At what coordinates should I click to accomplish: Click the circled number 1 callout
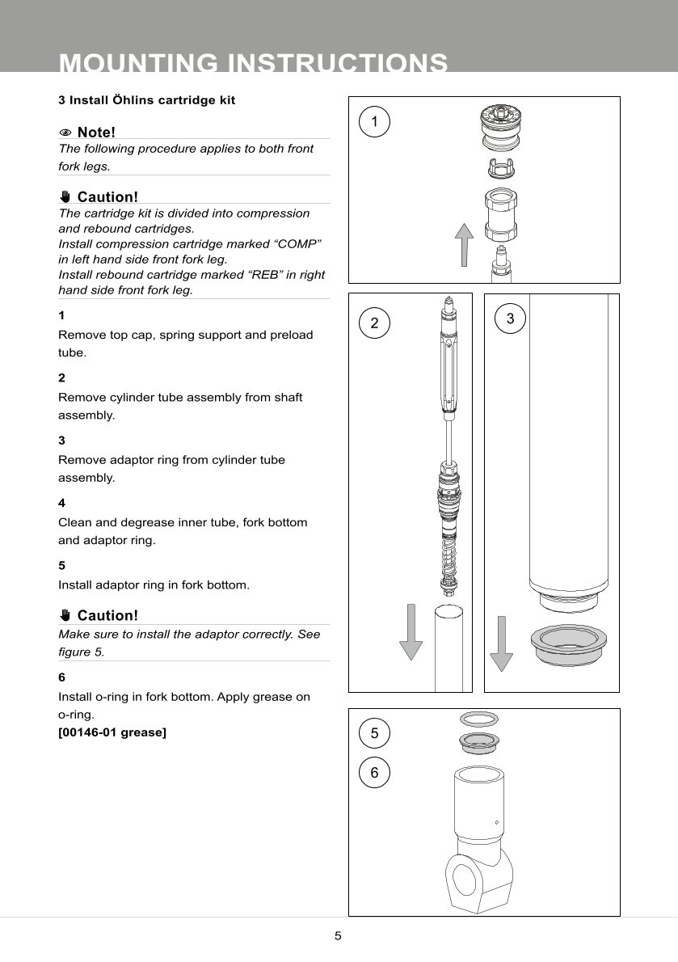pyautogui.click(x=374, y=121)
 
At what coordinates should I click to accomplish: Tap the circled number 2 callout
pyautogui.click(x=374, y=323)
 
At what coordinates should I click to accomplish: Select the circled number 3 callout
pyautogui.click(x=510, y=319)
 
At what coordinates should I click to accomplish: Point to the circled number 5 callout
pyautogui.click(x=374, y=733)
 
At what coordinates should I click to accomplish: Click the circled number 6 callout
pyautogui.click(x=374, y=772)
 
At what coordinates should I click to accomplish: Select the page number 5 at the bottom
pyautogui.click(x=339, y=936)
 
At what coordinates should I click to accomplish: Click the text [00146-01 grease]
pyautogui.click(x=112, y=733)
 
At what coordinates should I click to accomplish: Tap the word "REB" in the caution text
pyautogui.click(x=266, y=275)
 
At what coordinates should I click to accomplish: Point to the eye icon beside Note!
pyautogui.click(x=65, y=132)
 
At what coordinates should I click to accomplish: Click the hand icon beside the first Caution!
pyautogui.click(x=65, y=196)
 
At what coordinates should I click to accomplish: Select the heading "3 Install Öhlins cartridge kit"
pyautogui.click(x=147, y=100)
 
